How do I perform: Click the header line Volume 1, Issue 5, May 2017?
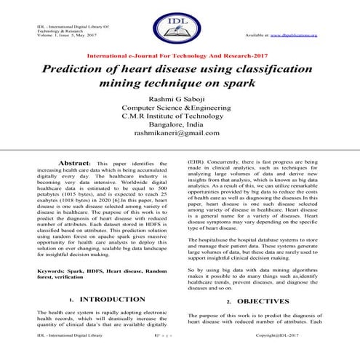click(x=63, y=35)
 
